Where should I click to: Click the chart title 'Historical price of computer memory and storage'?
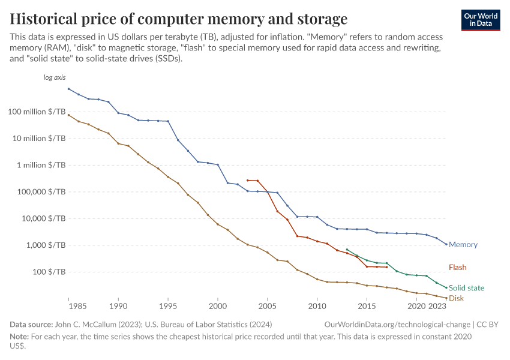[x=179, y=18]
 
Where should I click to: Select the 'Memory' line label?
[x=463, y=245]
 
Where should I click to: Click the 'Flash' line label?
[x=457, y=268]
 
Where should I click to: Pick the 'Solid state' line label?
[x=466, y=288]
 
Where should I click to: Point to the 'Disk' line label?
[x=456, y=298]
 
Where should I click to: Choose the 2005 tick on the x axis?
[x=267, y=306]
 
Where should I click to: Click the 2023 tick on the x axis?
[x=438, y=306]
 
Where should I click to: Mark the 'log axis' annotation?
[x=54, y=78]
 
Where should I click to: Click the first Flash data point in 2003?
[x=247, y=180]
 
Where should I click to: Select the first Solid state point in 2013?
[x=347, y=250]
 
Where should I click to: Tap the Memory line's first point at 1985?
[x=68, y=89]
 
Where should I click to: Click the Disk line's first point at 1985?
[x=68, y=115]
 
